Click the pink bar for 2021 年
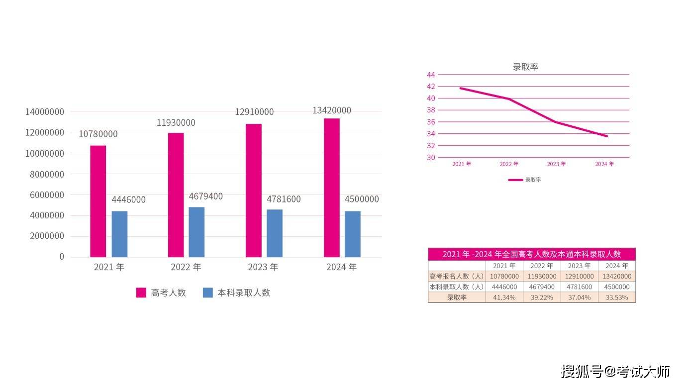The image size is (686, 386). point(98,201)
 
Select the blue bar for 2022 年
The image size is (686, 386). point(196,232)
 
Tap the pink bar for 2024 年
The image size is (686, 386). point(332,188)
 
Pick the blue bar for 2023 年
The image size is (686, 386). point(275,233)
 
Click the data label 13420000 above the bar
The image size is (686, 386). point(332,110)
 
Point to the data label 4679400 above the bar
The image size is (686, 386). point(205,196)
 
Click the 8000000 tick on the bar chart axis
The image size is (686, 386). point(47,174)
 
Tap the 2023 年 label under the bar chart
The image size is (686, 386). point(263,267)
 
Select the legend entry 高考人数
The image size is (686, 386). point(161,292)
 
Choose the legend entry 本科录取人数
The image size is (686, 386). point(237,292)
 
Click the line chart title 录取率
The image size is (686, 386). point(525,67)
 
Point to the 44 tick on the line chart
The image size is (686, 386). point(431,75)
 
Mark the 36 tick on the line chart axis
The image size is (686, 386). point(431,122)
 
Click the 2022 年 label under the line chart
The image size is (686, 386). point(509,164)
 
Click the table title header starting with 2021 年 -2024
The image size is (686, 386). point(532,254)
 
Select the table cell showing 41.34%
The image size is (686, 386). point(504,297)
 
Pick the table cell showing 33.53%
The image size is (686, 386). point(616,297)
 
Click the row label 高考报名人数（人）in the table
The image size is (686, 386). point(457,276)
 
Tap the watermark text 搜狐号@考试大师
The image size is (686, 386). point(615,371)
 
